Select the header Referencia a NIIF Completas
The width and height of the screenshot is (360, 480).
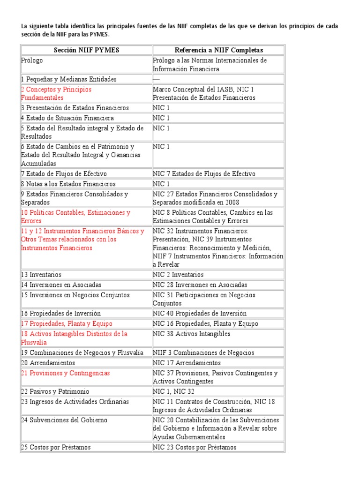tap(218, 50)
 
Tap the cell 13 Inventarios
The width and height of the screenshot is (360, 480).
tap(41, 275)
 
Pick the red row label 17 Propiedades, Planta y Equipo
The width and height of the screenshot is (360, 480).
tap(67, 323)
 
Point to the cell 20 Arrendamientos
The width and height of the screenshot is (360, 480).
tap(48, 363)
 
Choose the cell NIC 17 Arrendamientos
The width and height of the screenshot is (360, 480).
tap(187, 363)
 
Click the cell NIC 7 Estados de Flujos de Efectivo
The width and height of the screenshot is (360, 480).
tap(204, 174)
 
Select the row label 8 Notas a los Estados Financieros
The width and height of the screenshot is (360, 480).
tap(68, 184)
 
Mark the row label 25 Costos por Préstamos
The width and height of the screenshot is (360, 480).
tap(56, 447)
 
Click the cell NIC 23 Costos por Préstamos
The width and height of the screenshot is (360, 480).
tap(195, 447)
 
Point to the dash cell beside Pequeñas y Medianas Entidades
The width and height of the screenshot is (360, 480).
tap(156, 79)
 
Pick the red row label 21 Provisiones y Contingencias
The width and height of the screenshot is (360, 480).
tap(65, 373)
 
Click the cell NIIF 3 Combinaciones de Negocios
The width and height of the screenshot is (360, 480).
tap(203, 352)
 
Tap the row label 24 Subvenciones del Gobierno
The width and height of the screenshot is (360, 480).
tap(64, 420)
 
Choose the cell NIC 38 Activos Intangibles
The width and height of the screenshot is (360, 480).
tap(192, 334)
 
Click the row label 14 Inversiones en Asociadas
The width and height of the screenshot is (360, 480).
tap(61, 285)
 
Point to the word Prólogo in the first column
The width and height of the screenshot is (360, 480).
tap(32, 60)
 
